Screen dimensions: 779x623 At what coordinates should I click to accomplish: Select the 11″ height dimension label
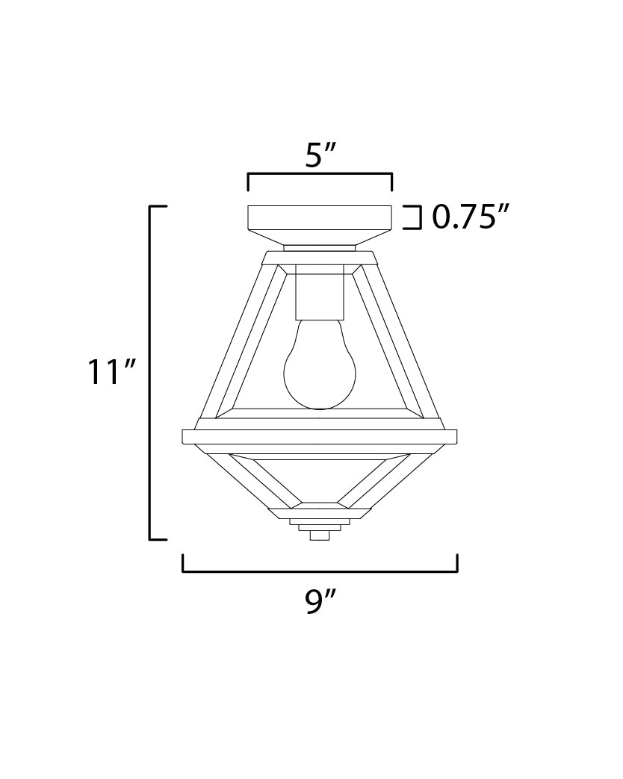(x=111, y=372)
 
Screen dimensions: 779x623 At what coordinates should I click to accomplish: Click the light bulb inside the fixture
(x=320, y=366)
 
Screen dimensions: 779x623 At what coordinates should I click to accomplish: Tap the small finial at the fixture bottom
(x=320, y=534)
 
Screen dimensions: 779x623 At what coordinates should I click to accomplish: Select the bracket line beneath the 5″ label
(x=320, y=175)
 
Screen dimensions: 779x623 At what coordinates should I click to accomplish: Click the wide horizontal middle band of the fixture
(x=320, y=437)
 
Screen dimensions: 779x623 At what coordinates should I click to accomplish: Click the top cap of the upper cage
(x=320, y=258)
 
